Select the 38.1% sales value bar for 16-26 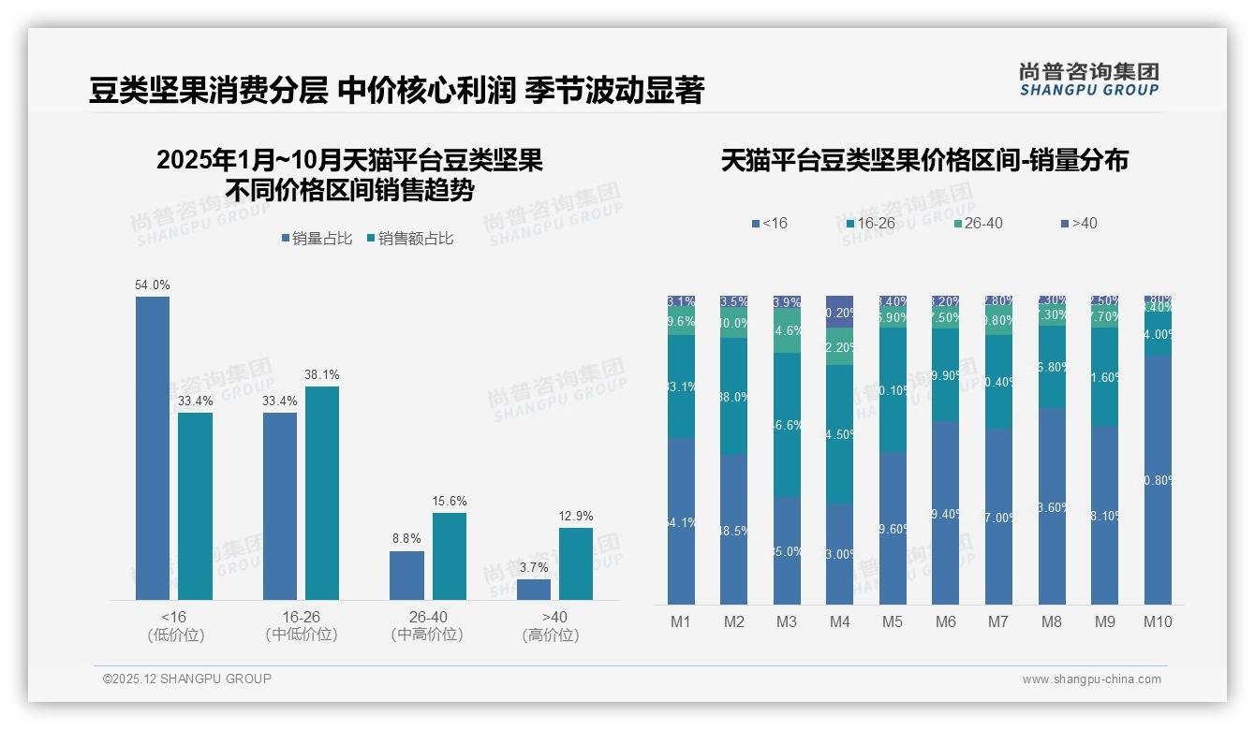[321, 492]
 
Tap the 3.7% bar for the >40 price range [534, 589]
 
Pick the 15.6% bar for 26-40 [449, 556]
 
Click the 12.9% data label [576, 516]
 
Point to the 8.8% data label [406, 538]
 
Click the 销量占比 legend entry [317, 239]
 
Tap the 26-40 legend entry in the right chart [978, 223]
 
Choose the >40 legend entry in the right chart [1079, 223]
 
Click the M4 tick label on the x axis [839, 621]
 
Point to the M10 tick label [1158, 621]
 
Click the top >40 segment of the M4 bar [839, 312]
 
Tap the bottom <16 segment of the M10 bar [1158, 479]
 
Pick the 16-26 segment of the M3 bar [787, 424]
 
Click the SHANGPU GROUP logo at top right [1088, 80]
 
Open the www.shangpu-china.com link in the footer [1091, 679]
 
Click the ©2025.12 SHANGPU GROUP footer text [187, 679]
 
